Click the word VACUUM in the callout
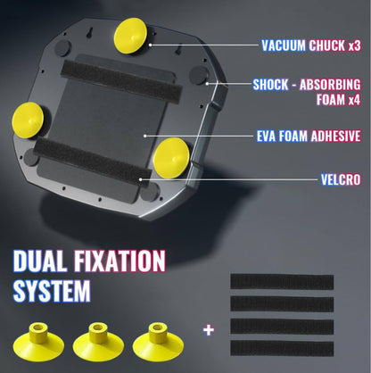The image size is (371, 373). pyautogui.click(x=284, y=46)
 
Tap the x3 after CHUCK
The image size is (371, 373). pyautogui.click(x=354, y=46)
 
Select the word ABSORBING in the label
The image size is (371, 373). pyautogui.click(x=330, y=85)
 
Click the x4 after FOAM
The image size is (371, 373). pyautogui.click(x=354, y=100)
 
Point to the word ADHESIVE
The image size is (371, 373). pyautogui.click(x=335, y=137)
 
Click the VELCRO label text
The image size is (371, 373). pyautogui.click(x=341, y=179)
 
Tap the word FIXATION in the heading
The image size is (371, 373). pyautogui.click(x=120, y=261)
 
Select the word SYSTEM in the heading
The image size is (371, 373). pyautogui.click(x=52, y=291)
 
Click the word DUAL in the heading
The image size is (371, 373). pyautogui.click(x=40, y=261)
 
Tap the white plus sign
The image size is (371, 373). pyautogui.click(x=209, y=330)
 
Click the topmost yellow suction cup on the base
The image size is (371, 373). pyautogui.click(x=130, y=36)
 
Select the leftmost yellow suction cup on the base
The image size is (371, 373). pyautogui.click(x=28, y=120)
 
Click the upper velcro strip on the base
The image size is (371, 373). pyautogui.click(x=121, y=81)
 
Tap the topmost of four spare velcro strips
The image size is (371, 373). pyautogui.click(x=282, y=282)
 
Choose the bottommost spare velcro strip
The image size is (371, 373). pyautogui.click(x=282, y=348)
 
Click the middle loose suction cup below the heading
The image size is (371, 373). pyautogui.click(x=98, y=342)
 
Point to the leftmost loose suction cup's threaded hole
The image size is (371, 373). pyautogui.click(x=37, y=327)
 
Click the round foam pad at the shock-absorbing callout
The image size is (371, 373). pyautogui.click(x=199, y=75)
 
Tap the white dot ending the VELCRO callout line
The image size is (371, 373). pyautogui.click(x=141, y=179)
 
